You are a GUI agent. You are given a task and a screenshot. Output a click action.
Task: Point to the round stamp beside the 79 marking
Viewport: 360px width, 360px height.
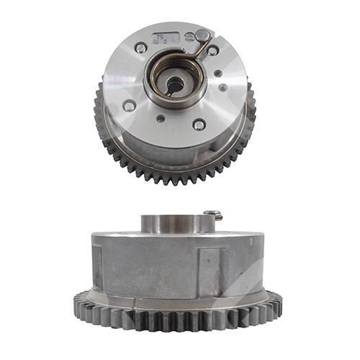pos(188,37)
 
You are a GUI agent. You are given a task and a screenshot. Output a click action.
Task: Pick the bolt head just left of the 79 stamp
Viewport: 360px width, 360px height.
pos(140,48)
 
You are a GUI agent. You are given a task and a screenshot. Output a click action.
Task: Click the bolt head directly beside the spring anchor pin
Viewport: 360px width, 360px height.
pos(213,50)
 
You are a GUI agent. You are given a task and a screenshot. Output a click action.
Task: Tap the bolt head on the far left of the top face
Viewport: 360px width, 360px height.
pos(128,105)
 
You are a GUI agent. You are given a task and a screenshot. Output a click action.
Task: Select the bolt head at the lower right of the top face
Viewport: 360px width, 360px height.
pos(199,124)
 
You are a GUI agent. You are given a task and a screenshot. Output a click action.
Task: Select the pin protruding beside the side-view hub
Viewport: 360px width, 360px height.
pos(212,214)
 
